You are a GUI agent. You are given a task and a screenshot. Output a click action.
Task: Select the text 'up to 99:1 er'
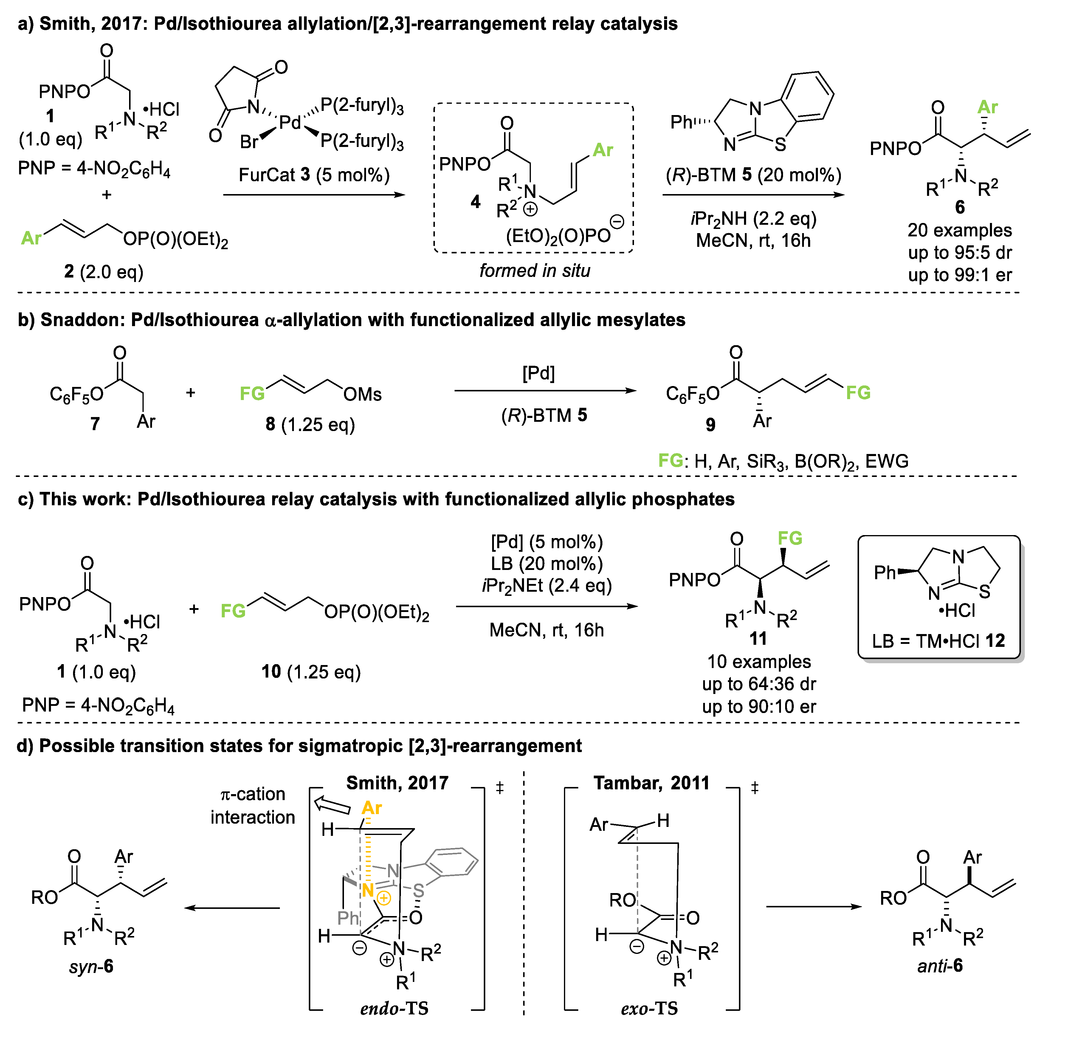pyautogui.click(x=959, y=275)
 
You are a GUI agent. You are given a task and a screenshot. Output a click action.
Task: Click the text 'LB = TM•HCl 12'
pyautogui.click(x=938, y=641)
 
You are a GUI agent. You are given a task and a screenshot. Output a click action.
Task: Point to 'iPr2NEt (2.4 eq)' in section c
pyautogui.click(x=547, y=586)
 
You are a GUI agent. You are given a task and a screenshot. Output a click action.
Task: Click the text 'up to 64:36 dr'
pyautogui.click(x=759, y=684)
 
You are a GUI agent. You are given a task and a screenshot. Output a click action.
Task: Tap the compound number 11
pyautogui.click(x=758, y=639)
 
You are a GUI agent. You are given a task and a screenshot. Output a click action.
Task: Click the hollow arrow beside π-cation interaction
pyautogui.click(x=332, y=805)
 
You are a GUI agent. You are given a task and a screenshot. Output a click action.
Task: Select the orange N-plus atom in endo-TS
pyautogui.click(x=367, y=890)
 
